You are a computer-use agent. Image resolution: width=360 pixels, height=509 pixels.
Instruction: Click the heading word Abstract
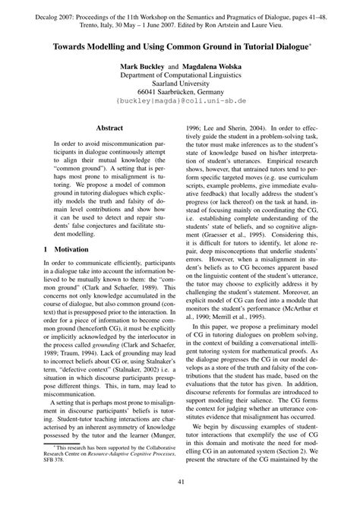[x=101, y=130]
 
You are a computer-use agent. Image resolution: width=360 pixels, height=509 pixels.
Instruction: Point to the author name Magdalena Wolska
[x=208, y=67]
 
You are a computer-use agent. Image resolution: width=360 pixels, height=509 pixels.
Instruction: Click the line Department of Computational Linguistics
[x=179, y=77]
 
